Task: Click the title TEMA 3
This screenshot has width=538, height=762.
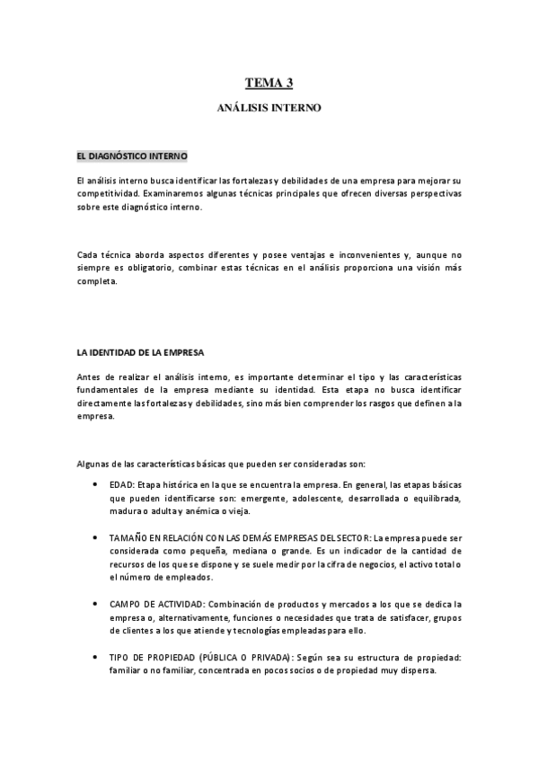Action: tap(269, 84)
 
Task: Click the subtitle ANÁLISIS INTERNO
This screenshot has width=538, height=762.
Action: tap(269, 108)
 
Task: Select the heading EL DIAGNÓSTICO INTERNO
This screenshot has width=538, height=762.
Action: tap(132, 155)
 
